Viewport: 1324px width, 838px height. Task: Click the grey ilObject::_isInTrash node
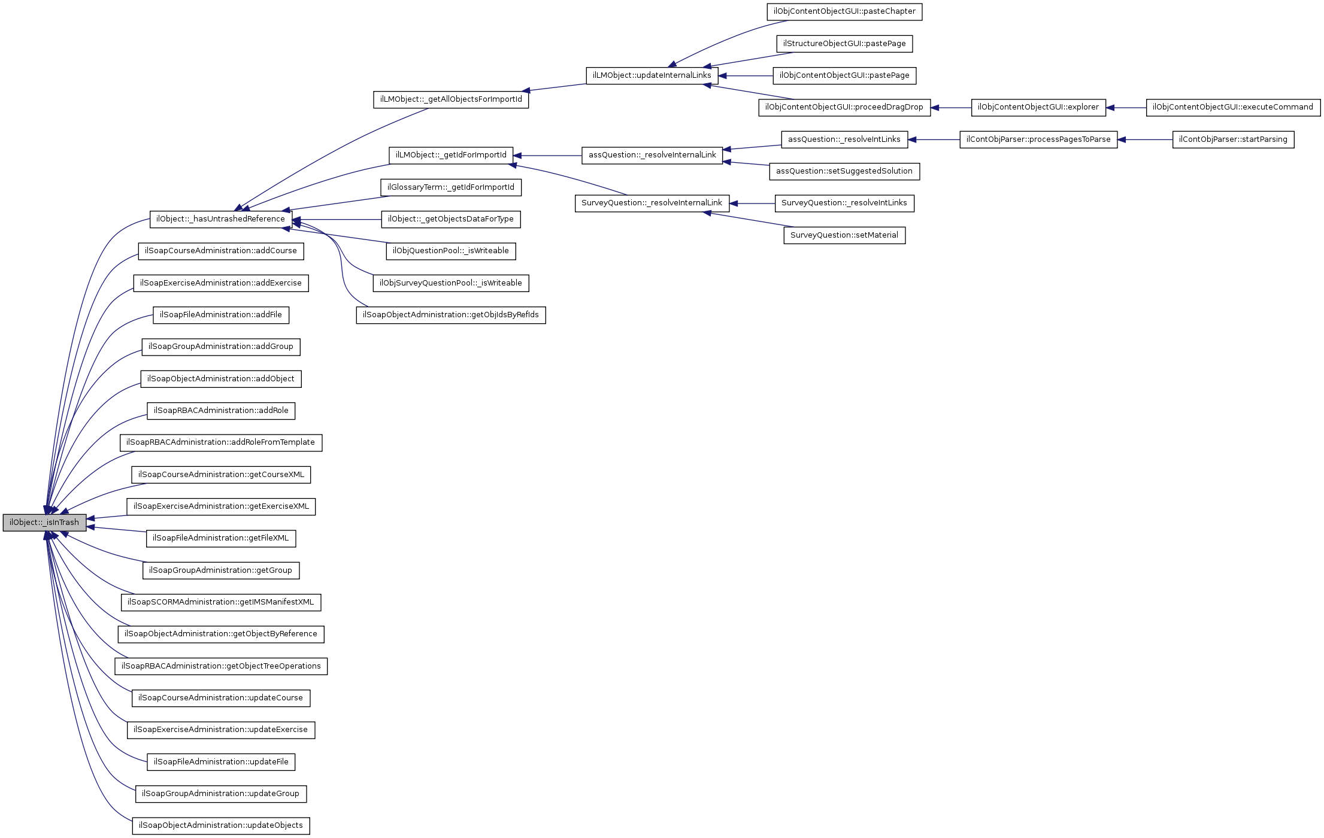tap(44, 523)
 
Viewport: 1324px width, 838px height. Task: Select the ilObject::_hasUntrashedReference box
tap(220, 219)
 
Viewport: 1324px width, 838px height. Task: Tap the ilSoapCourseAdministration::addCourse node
tap(220, 251)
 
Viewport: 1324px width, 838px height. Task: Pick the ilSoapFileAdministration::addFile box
tap(220, 315)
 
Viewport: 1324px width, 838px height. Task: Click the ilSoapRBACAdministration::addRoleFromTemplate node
tap(220, 442)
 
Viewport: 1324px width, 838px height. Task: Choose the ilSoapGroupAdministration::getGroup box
tap(220, 570)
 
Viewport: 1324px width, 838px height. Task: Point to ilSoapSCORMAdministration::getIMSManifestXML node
tap(220, 602)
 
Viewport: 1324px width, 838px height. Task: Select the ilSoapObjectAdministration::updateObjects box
tap(220, 825)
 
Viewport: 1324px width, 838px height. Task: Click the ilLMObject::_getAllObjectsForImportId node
tap(451, 99)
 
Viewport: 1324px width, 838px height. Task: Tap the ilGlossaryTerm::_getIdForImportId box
tap(451, 187)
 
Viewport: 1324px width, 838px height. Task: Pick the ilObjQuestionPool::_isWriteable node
tap(451, 251)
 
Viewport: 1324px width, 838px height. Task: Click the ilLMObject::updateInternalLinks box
tap(652, 75)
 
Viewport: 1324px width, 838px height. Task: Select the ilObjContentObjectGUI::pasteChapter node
tap(844, 11)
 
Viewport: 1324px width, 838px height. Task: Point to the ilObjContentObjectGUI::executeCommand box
tap(1233, 107)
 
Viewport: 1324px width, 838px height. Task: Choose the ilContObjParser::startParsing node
tap(1233, 139)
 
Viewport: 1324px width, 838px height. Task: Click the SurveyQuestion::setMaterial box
tap(844, 235)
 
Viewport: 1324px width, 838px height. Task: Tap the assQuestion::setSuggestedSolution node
tap(844, 171)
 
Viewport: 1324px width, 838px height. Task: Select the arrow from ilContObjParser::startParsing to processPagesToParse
tap(1144, 139)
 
